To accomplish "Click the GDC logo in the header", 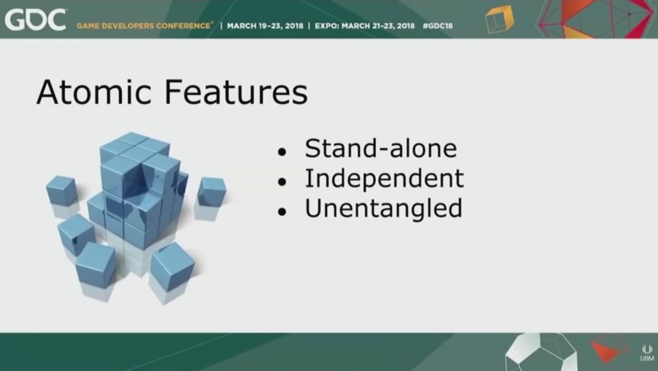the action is [x=35, y=20].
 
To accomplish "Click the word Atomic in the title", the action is [x=94, y=92].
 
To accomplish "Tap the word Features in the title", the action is [x=236, y=92].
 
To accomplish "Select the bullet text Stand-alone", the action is [x=380, y=148].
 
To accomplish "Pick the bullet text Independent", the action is [x=384, y=179].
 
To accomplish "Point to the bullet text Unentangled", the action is [x=384, y=209].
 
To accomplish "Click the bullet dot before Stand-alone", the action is [x=282, y=151].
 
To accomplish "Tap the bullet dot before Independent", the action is [x=282, y=182].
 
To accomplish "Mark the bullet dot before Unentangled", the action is [x=282, y=211].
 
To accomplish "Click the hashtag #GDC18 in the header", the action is [x=438, y=26].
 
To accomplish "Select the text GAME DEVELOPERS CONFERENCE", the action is [x=143, y=26].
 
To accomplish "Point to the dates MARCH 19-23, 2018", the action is [x=265, y=26].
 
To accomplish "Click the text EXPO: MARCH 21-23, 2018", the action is [x=365, y=26].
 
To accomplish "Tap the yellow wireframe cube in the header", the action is [x=499, y=19].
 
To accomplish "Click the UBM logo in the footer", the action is [x=646, y=353].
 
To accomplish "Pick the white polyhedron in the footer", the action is [x=541, y=352].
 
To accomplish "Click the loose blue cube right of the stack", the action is [x=211, y=191].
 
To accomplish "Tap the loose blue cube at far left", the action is [x=61, y=191].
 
